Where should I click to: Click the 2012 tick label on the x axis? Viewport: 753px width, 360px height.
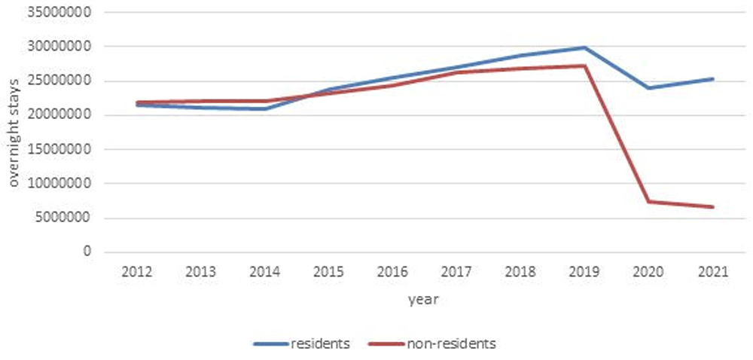(x=137, y=272)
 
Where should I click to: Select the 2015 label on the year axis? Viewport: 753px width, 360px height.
(x=329, y=272)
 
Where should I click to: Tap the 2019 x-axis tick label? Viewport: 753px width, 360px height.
(x=585, y=272)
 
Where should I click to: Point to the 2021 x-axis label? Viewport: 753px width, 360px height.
(x=713, y=272)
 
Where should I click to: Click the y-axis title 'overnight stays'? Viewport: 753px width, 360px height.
(x=14, y=133)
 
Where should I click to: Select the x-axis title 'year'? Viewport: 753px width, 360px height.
(x=423, y=300)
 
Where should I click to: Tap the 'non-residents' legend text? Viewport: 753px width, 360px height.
(x=451, y=343)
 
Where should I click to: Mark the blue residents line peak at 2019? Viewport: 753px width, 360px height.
(x=585, y=47)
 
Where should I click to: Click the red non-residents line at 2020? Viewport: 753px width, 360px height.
(x=649, y=202)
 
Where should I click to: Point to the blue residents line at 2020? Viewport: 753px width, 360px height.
(x=649, y=88)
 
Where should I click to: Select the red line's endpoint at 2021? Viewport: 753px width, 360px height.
(x=713, y=207)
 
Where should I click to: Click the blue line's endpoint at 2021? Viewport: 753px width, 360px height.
(x=713, y=79)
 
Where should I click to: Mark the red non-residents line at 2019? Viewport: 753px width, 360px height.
(x=585, y=66)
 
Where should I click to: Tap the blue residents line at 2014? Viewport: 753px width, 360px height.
(x=264, y=109)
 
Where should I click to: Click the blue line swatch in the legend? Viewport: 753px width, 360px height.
(x=270, y=344)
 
